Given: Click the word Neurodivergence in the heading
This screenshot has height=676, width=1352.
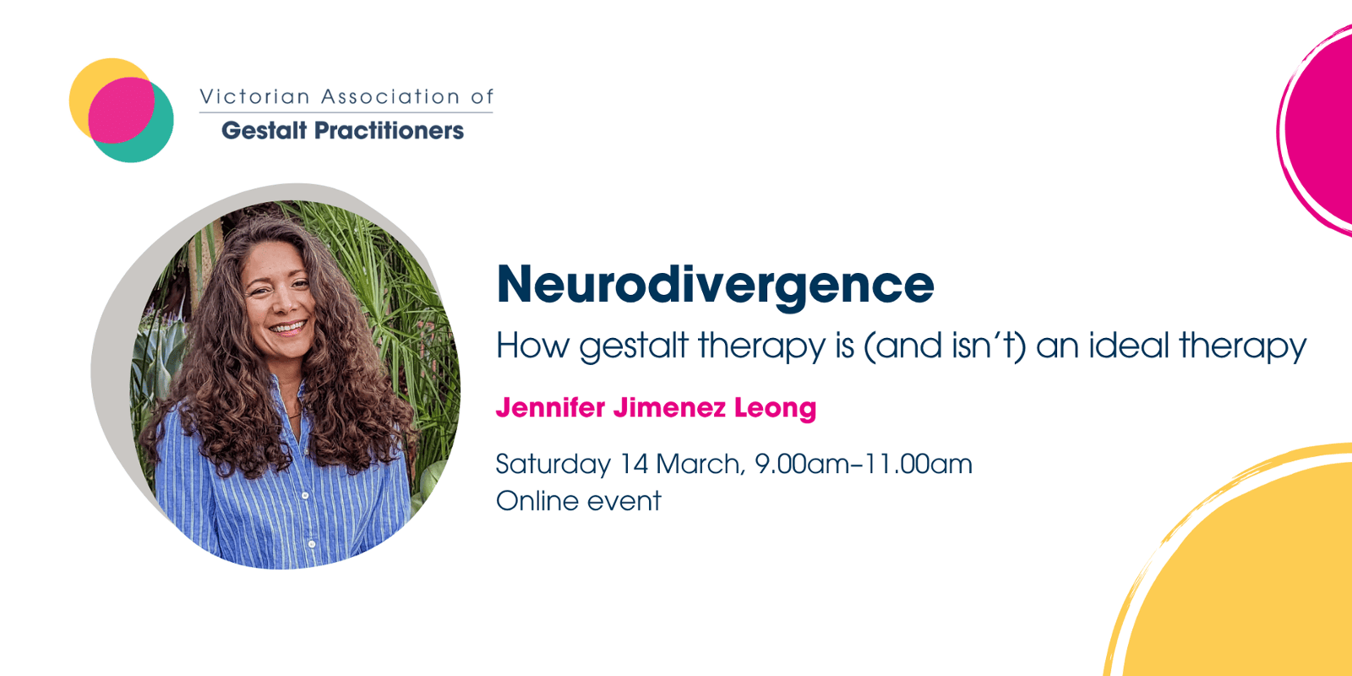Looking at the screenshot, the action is [715, 286].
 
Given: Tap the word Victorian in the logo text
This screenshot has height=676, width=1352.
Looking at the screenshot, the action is [254, 96].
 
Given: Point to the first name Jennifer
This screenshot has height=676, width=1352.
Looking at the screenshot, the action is [550, 407].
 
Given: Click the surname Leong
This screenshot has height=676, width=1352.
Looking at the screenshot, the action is [775, 409].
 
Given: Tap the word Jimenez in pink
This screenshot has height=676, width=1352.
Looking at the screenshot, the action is [669, 407].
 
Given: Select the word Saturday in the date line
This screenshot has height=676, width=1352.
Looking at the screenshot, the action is [553, 465].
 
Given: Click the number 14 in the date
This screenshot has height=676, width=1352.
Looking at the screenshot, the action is [635, 464].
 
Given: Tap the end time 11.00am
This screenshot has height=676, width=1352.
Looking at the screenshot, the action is [918, 464].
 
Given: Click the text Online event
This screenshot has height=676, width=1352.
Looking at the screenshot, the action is [578, 501].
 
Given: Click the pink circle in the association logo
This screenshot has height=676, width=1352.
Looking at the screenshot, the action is [121, 110].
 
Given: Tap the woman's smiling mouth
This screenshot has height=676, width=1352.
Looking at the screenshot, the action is [288, 328].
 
